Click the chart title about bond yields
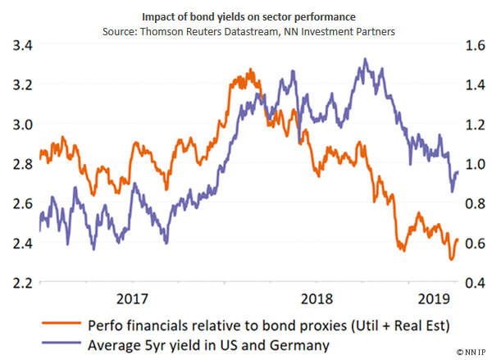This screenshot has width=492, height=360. pyautogui.click(x=246, y=14)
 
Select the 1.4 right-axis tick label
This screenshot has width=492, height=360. pyautogui.click(x=472, y=85)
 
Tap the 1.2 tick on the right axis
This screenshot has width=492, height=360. pyautogui.click(x=472, y=125)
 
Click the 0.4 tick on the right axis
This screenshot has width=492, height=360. pyautogui.click(x=472, y=283)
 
